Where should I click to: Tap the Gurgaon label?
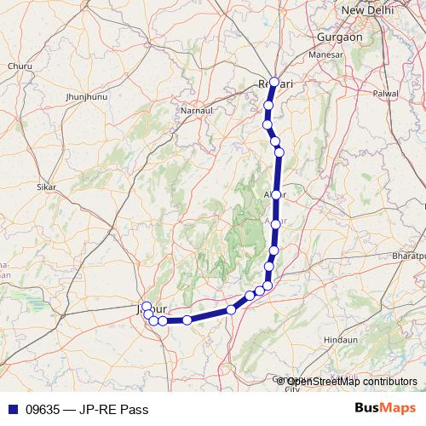[x=339, y=37]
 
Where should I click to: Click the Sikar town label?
[x=47, y=186]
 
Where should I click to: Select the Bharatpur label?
[x=405, y=256]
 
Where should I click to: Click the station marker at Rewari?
[x=274, y=83]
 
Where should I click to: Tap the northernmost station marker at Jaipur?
[x=147, y=306]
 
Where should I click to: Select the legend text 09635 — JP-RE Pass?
[x=81, y=410]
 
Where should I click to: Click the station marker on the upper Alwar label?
[x=276, y=195]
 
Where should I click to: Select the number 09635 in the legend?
[x=43, y=410]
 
